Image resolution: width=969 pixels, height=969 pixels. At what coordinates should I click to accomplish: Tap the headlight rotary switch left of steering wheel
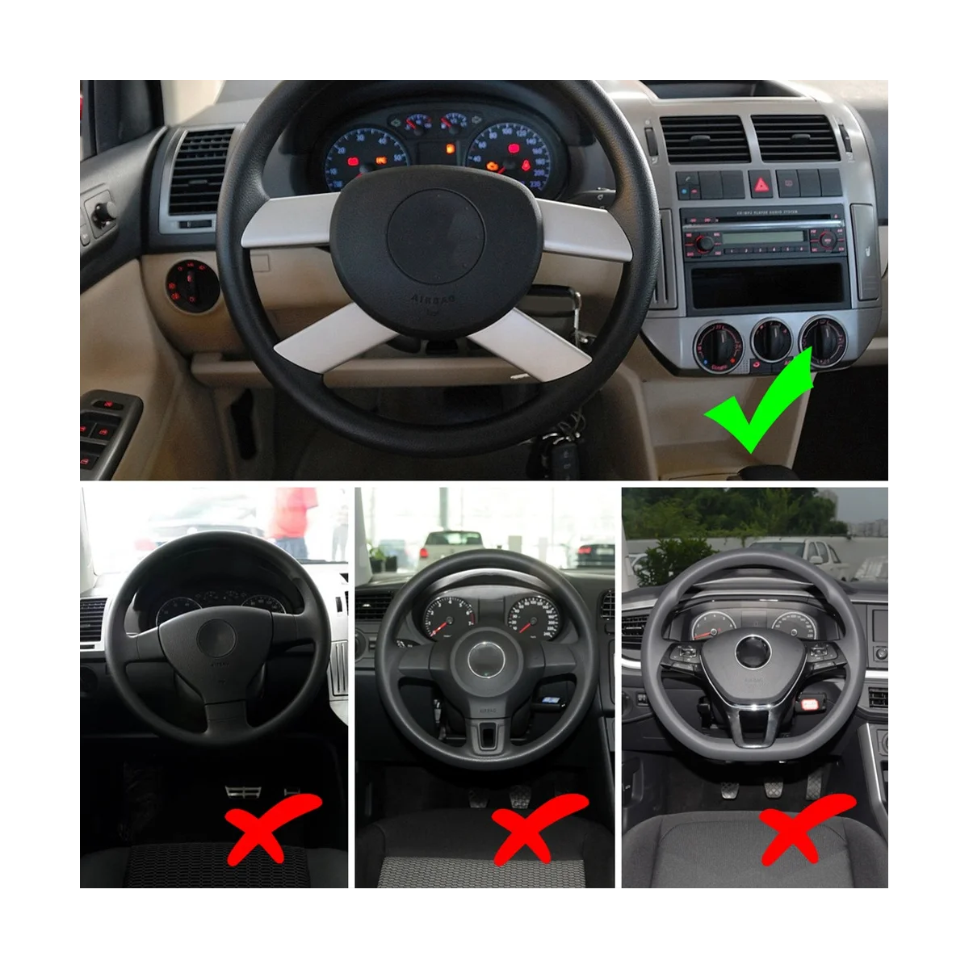coord(184,282)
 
